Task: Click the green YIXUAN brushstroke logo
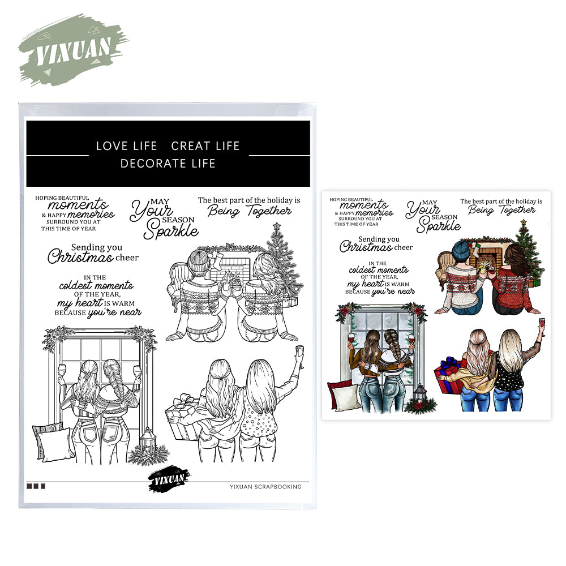click(x=72, y=50)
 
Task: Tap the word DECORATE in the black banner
click(x=152, y=164)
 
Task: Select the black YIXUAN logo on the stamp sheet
click(x=169, y=479)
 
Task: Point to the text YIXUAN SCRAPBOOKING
click(x=265, y=487)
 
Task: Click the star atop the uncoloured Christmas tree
click(x=277, y=226)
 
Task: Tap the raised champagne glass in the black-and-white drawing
click(x=299, y=355)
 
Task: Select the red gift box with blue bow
click(x=449, y=376)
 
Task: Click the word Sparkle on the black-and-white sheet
click(x=171, y=230)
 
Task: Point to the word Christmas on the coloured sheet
click(x=366, y=247)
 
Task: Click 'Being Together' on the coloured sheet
click(x=501, y=210)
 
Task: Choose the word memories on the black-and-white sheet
click(x=91, y=215)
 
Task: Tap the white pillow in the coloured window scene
click(x=346, y=397)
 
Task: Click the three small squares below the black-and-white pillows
click(x=36, y=486)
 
